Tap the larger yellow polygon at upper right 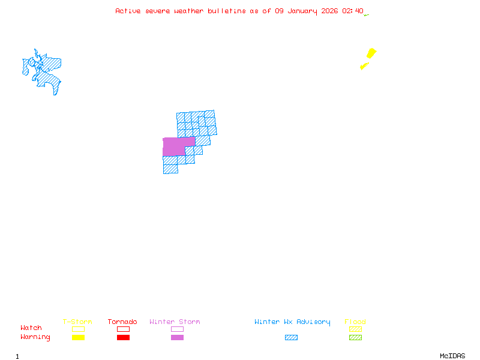pyautogui.click(x=371, y=53)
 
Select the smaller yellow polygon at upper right pyautogui.click(x=364, y=66)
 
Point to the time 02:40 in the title pyautogui.click(x=353, y=11)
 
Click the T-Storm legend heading pyautogui.click(x=77, y=322)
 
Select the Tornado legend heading pyautogui.click(x=122, y=322)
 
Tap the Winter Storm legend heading pyautogui.click(x=175, y=322)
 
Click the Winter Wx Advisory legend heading pyautogui.click(x=292, y=322)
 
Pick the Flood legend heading pyautogui.click(x=355, y=322)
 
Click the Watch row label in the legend pyautogui.click(x=31, y=328)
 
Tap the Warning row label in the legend pyautogui.click(x=35, y=337)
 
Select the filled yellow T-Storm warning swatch pyautogui.click(x=78, y=337)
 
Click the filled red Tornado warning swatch pyautogui.click(x=123, y=337)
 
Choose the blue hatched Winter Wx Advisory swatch pyautogui.click(x=291, y=337)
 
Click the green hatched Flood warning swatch pyautogui.click(x=355, y=337)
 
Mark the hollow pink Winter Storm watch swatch pyautogui.click(x=177, y=329)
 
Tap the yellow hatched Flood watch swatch pyautogui.click(x=355, y=329)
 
